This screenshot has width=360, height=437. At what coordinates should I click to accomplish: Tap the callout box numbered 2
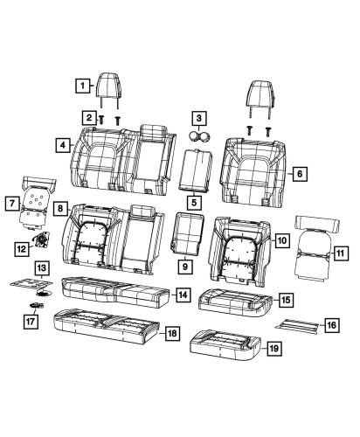tap(89, 116)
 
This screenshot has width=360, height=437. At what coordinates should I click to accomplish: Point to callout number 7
tap(14, 204)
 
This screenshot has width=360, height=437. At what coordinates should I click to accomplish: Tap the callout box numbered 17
tap(30, 321)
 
